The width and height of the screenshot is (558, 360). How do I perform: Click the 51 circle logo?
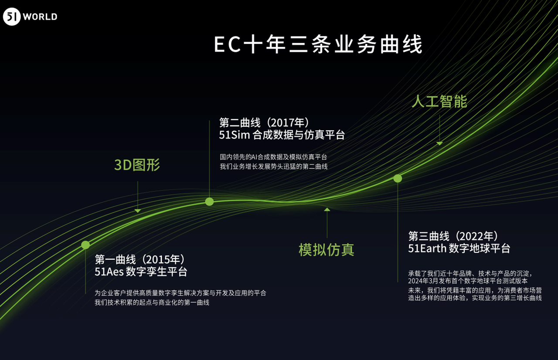pyautogui.click(x=12, y=17)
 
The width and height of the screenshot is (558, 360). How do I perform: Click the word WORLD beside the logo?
pyautogui.click(x=40, y=17)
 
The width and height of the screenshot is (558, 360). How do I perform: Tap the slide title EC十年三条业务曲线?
pyautogui.click(x=318, y=44)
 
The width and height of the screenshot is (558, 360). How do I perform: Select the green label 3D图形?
pyautogui.click(x=137, y=165)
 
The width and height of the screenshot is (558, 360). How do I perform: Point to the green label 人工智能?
pyautogui.click(x=439, y=101)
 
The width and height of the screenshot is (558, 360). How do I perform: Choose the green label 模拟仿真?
pyautogui.click(x=327, y=250)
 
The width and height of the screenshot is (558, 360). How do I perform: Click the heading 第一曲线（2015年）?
pyautogui.click(x=140, y=259)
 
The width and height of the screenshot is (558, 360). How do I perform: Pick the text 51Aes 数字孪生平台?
pyautogui.click(x=141, y=272)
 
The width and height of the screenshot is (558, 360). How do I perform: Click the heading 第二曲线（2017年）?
pyautogui.click(x=264, y=122)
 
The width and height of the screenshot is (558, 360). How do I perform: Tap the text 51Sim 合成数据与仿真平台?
pyautogui.click(x=282, y=135)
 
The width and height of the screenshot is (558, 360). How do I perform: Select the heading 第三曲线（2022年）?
pyautogui.click(x=453, y=236)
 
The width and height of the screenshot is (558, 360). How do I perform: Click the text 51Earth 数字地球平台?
pyautogui.click(x=459, y=248)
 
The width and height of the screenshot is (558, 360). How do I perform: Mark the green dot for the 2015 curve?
pyautogui.click(x=85, y=245)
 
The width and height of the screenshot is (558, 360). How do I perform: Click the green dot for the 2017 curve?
pyautogui.click(x=209, y=201)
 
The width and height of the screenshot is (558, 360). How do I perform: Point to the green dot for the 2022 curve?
pyautogui.click(x=398, y=178)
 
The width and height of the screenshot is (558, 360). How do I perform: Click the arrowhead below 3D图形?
pyautogui.click(x=137, y=211)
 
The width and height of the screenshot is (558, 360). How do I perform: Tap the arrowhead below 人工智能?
pyautogui.click(x=439, y=143)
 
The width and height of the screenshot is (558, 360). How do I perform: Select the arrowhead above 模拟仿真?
pyautogui.click(x=327, y=209)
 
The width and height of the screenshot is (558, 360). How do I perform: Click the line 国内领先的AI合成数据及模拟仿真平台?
pyautogui.click(x=273, y=157)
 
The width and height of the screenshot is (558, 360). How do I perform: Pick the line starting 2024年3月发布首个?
pyautogui.click(x=468, y=281)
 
